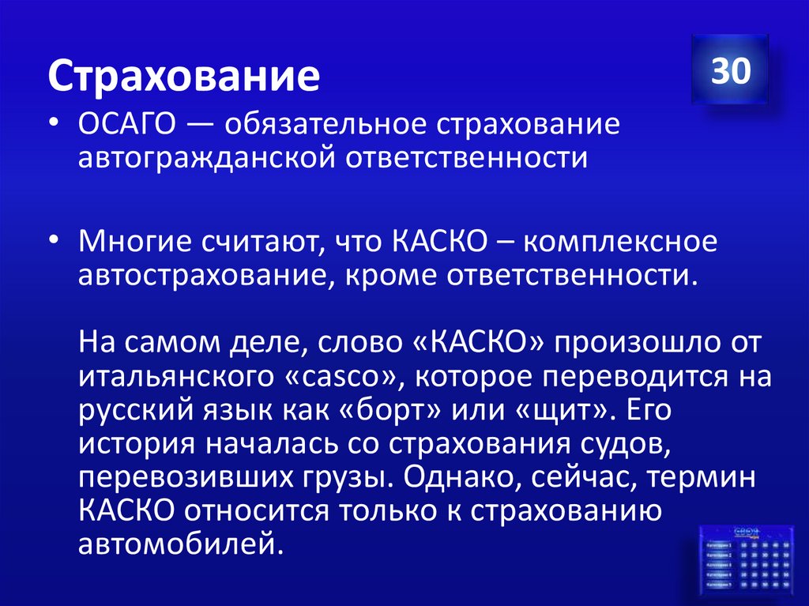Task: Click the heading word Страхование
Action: (186, 77)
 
